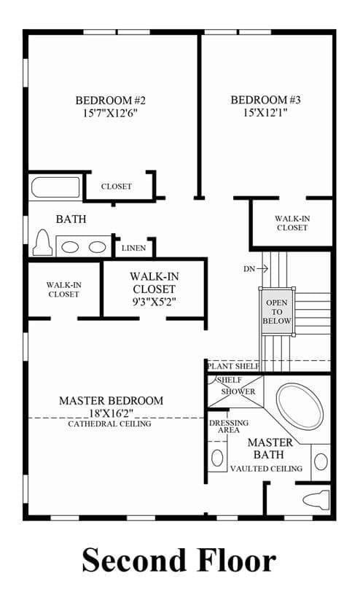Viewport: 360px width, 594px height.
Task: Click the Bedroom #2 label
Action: (x=110, y=101)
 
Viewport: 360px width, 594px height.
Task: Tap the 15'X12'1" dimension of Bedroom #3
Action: (x=265, y=112)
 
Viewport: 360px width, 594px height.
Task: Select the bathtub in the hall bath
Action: (x=55, y=187)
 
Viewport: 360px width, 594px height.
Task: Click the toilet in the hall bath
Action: (x=42, y=243)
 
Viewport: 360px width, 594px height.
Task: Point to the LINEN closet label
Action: (x=134, y=248)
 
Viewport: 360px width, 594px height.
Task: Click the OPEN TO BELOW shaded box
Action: (x=277, y=312)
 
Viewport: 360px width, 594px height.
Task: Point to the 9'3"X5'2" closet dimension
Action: (x=154, y=302)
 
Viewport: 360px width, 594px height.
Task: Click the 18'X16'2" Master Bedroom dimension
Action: (x=111, y=413)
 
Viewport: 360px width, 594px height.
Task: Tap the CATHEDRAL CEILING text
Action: (x=109, y=423)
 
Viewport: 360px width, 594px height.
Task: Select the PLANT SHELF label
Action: (x=233, y=366)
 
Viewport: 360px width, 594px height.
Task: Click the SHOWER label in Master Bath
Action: (x=238, y=391)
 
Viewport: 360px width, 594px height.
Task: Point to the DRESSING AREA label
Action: (x=229, y=426)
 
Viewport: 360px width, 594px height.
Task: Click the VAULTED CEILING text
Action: (x=267, y=469)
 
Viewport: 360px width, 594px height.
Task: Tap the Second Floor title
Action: (x=179, y=560)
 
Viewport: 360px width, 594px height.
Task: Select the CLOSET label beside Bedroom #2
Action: (x=117, y=187)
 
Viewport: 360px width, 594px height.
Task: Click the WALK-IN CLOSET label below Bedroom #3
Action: (x=292, y=223)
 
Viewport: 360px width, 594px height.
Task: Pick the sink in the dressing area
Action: (x=217, y=458)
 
